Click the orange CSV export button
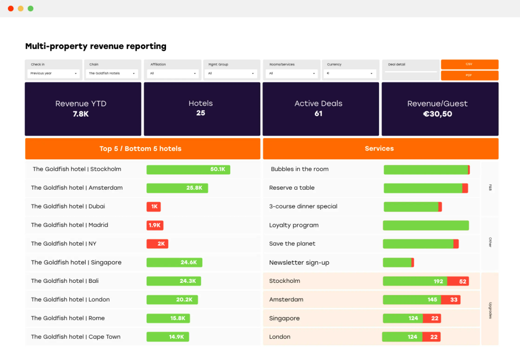(469, 64)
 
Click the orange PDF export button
(469, 76)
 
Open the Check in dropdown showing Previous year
(53, 73)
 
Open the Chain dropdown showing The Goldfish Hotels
(112, 73)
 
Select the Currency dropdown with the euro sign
(350, 73)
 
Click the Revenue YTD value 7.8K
(81, 114)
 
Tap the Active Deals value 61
(318, 114)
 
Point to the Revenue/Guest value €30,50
(437, 114)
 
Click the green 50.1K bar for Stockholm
(188, 170)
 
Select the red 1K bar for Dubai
(153, 206)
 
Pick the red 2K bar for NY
(157, 244)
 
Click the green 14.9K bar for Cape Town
(168, 337)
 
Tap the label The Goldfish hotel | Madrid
(70, 225)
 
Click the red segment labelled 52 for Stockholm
(458, 281)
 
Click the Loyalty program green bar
(426, 225)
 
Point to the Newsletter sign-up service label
(299, 263)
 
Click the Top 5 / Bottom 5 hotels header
(143, 149)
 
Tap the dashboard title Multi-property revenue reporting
(96, 46)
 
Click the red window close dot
(10, 8)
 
